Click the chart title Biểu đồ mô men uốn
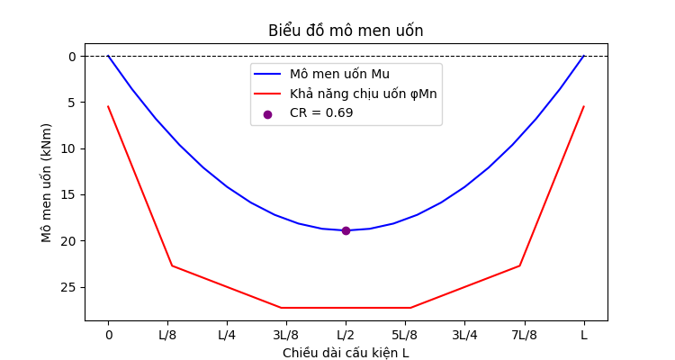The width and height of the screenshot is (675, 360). [x=346, y=31]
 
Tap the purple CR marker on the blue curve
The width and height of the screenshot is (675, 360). [x=346, y=230]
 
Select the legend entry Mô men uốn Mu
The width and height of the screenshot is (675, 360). [x=339, y=74]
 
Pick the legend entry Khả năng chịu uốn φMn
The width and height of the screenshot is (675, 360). [x=363, y=94]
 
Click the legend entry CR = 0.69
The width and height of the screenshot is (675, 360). [x=321, y=113]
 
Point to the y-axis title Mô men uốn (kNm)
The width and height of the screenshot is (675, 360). [x=46, y=182]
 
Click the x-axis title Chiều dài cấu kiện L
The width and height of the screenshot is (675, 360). [x=346, y=353]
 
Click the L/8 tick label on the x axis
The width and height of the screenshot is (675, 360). [x=167, y=334]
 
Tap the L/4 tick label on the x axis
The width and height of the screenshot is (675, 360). [x=227, y=334]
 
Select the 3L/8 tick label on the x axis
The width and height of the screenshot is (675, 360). [x=286, y=334]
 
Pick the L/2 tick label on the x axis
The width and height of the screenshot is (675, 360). [x=346, y=334]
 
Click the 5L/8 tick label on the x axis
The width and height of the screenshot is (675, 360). [x=405, y=334]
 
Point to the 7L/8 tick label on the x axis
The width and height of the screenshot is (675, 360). [x=524, y=334]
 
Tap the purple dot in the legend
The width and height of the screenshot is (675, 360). [x=267, y=114]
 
